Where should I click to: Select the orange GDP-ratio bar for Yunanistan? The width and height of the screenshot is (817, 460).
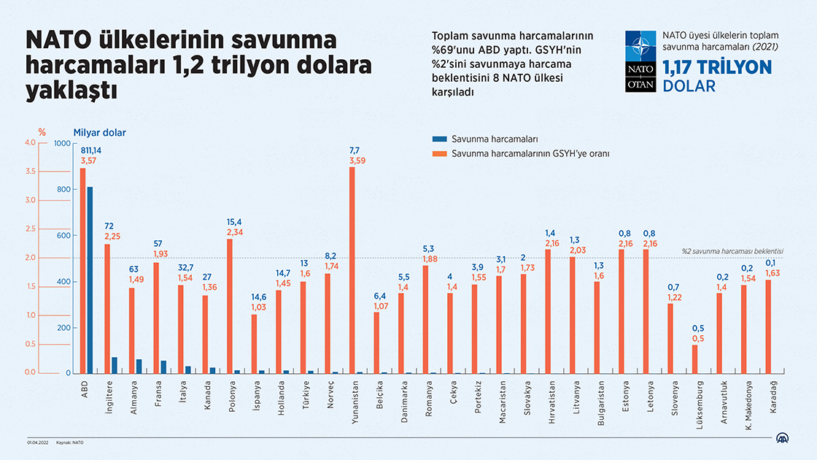tap(352, 269)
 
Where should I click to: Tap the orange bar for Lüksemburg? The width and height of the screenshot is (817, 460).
tap(694, 359)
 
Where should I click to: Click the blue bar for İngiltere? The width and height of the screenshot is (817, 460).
tap(114, 365)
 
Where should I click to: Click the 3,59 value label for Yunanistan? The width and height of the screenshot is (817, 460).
tap(357, 160)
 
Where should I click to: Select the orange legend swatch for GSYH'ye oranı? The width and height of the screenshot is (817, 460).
tap(439, 154)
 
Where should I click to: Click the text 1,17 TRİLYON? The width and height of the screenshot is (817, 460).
tap(716, 68)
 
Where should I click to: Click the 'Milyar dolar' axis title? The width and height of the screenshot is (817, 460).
tap(99, 132)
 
